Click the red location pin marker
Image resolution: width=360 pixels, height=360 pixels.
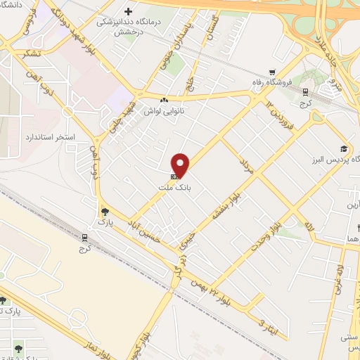coord(181,165)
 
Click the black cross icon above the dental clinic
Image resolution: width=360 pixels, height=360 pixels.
coord(127,11)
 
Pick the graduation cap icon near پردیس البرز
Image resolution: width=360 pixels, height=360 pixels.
coord(343,148)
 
